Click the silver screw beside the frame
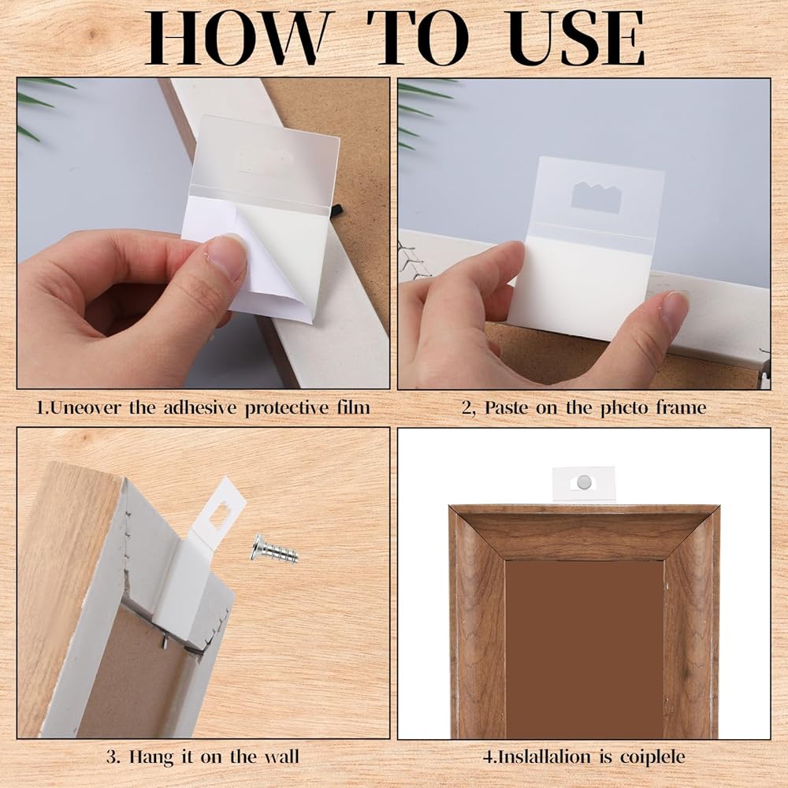pyautogui.click(x=275, y=548)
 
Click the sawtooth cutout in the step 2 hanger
pyautogui.click(x=596, y=198)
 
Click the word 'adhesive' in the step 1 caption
pyautogui.click(x=200, y=407)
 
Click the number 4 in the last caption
pyautogui.click(x=488, y=757)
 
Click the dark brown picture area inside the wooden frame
pyautogui.click(x=585, y=649)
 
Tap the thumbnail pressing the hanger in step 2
pyautogui.click(x=674, y=311)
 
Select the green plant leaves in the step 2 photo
pyautogui.click(x=421, y=113)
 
